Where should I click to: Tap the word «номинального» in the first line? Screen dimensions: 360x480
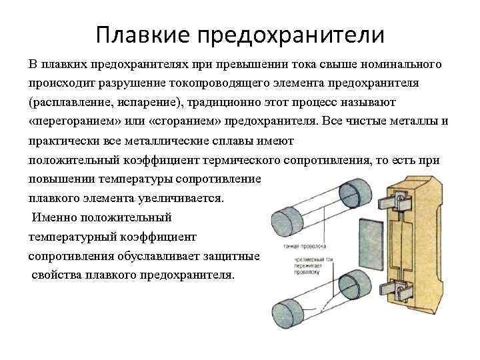[401, 65]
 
